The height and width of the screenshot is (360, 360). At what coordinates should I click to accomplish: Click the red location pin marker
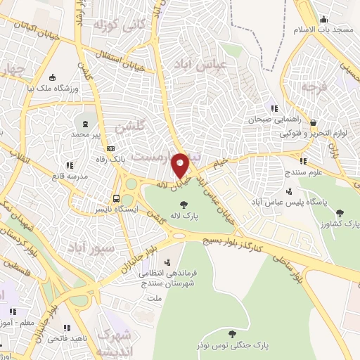[x=181, y=165]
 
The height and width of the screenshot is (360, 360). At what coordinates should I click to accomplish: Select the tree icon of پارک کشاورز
[x=340, y=212]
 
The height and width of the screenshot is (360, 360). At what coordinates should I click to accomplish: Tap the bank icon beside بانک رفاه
[x=110, y=148]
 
